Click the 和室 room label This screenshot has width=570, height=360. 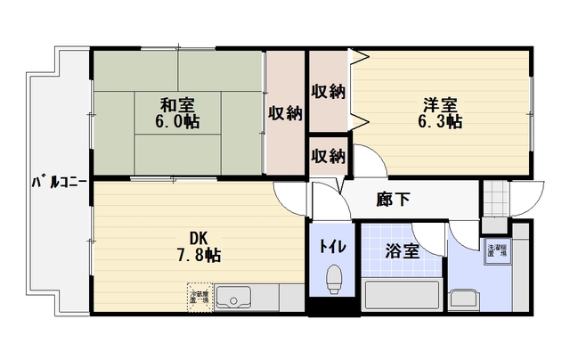tap(179, 102)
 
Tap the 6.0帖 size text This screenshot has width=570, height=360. tap(179, 121)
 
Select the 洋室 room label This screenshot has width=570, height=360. tap(440, 102)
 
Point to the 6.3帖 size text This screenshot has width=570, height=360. tap(440, 121)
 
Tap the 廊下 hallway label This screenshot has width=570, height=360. tap(393, 200)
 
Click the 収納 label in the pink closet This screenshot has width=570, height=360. tap(285, 113)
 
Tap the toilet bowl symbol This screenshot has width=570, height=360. tap(334, 280)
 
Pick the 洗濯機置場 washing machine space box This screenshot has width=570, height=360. tap(495, 251)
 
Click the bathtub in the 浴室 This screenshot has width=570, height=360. tap(403, 295)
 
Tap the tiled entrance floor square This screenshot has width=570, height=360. tap(493, 198)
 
